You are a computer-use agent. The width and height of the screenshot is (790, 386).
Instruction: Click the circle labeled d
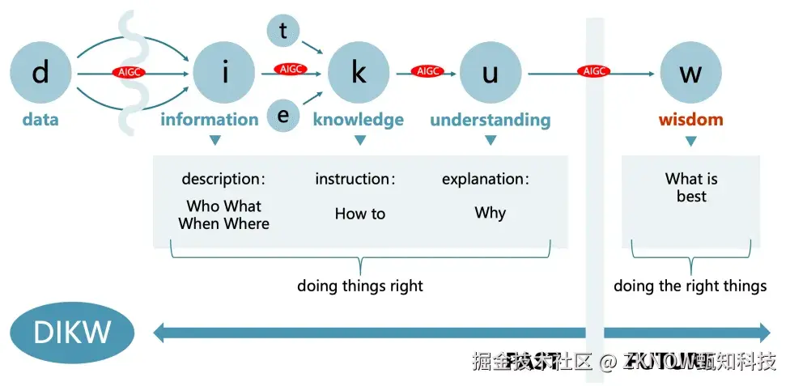[x=40, y=73]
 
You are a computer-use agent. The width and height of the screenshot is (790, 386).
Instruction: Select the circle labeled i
[x=224, y=73]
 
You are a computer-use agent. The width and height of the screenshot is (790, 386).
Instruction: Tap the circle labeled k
[x=359, y=73]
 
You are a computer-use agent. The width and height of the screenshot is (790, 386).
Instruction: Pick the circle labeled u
[x=490, y=73]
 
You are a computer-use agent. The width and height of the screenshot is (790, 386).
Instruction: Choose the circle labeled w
[x=690, y=73]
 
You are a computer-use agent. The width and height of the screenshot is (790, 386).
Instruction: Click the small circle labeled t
[x=283, y=32]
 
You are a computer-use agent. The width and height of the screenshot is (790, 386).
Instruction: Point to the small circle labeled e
[x=283, y=116]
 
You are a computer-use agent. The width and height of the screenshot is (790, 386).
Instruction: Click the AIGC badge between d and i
[x=129, y=73]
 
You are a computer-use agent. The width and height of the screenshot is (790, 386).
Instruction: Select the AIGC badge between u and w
[x=594, y=71]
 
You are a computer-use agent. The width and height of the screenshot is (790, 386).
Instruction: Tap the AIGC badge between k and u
[x=427, y=71]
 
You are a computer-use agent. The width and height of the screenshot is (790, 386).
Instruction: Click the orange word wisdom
[x=690, y=120]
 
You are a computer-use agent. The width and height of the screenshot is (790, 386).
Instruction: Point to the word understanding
[x=490, y=121]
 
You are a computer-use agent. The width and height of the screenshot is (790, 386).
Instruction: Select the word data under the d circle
[x=40, y=120]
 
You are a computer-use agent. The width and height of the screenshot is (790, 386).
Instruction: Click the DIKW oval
[x=72, y=332]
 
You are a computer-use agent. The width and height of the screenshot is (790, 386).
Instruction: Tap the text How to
[x=360, y=214]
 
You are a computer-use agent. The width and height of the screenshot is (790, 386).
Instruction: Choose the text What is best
[x=691, y=188]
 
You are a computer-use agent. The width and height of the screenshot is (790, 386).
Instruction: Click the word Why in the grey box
[x=490, y=213]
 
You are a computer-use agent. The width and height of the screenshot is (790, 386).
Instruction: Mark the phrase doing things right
[x=360, y=286]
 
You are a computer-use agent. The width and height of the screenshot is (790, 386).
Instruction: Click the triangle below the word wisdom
[x=690, y=142]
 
